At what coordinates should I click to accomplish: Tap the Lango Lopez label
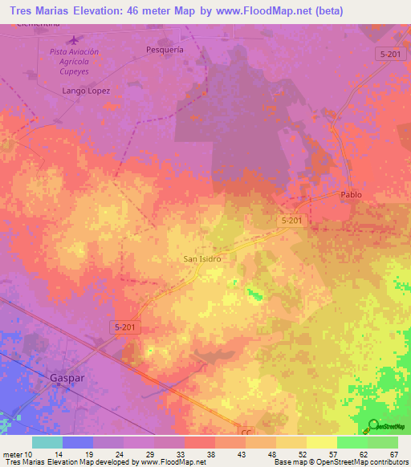[86, 91]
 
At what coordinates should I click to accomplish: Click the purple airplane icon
[75, 39]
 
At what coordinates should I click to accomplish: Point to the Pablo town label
[351, 195]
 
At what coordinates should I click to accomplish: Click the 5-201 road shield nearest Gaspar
[124, 325]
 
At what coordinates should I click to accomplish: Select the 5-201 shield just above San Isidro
[291, 220]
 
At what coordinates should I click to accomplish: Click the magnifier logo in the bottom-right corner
[374, 426]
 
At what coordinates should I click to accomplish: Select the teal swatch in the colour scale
[47, 442]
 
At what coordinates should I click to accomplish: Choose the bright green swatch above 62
[352, 442]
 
